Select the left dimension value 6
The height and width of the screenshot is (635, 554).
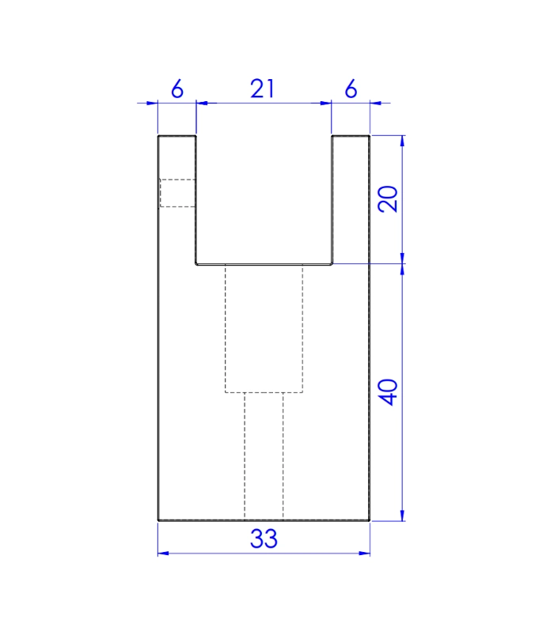pyautogui.click(x=177, y=89)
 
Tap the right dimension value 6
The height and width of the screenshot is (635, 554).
pyautogui.click(x=351, y=89)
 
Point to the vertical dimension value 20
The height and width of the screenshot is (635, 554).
pyautogui.click(x=388, y=199)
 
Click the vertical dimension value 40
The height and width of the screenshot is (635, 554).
pyautogui.click(x=388, y=391)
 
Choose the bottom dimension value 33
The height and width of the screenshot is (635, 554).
pyautogui.click(x=264, y=539)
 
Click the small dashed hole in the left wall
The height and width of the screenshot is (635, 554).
pyautogui.click(x=177, y=193)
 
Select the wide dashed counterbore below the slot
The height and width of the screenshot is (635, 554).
pyautogui.click(x=264, y=328)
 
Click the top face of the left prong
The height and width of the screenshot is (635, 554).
pyautogui.click(x=177, y=137)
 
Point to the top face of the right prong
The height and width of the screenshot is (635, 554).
pyautogui.click(x=351, y=137)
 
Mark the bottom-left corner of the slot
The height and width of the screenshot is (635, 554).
pyautogui.click(x=197, y=264)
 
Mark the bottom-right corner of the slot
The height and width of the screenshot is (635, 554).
pyautogui.click(x=331, y=264)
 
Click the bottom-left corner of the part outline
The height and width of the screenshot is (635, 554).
pyautogui.click(x=158, y=520)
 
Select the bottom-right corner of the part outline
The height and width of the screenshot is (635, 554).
pyautogui.click(x=370, y=520)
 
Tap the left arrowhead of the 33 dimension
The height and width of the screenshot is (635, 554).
pyautogui.click(x=162, y=553)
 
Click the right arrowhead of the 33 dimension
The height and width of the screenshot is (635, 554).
pyautogui.click(x=366, y=553)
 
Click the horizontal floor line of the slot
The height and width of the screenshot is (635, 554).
pyautogui.click(x=264, y=264)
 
